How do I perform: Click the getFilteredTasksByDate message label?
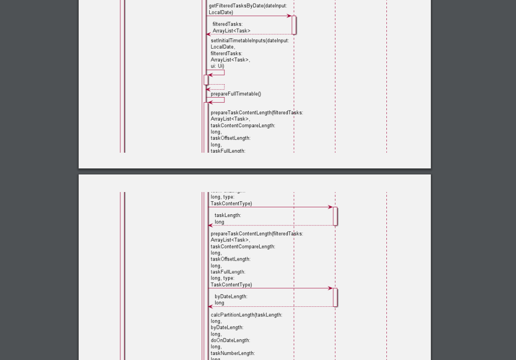click(248, 6)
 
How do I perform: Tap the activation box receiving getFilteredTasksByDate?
click(294, 25)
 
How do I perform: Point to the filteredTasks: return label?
click(228, 24)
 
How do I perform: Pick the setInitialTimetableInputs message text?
click(250, 40)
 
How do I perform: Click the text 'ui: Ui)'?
click(218, 66)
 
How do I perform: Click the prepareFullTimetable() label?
click(236, 94)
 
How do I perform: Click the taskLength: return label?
click(228, 215)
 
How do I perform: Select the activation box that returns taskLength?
click(335, 216)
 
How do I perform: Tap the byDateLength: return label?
click(231, 296)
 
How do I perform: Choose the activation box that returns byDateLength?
click(335, 297)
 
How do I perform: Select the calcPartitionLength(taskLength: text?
click(246, 315)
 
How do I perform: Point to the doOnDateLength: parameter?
click(230, 340)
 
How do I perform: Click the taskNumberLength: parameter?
click(233, 353)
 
